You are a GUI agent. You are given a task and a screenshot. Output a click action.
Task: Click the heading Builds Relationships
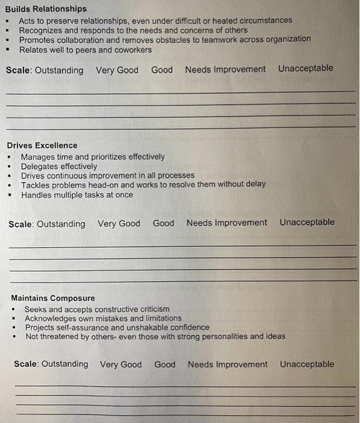click(46, 8)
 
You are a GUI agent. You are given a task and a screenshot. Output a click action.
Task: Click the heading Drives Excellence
click(42, 145)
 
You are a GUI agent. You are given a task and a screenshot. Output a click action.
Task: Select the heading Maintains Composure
click(53, 298)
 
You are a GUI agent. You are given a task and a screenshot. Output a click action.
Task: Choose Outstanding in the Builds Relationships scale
click(59, 70)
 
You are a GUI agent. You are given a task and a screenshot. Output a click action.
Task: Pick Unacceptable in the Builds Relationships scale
click(306, 68)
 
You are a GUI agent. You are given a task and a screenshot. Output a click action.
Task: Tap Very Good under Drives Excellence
click(119, 224)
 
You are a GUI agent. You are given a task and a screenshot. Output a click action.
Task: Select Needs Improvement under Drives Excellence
click(227, 222)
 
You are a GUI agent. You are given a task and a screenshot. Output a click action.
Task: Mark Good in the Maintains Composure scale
click(165, 364)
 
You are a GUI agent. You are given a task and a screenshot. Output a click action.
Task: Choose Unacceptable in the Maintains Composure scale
click(307, 364)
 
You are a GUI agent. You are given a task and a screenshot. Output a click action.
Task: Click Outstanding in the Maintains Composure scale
click(65, 364)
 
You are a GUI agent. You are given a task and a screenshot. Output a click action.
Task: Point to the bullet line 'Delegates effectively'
click(59, 166)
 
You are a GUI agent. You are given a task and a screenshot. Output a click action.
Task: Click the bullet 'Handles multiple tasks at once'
click(77, 195)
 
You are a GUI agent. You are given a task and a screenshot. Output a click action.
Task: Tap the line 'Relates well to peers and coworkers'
click(86, 50)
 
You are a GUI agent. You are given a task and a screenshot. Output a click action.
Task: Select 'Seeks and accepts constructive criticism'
click(97, 309)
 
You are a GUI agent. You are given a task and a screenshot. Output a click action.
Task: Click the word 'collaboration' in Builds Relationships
click(83, 39)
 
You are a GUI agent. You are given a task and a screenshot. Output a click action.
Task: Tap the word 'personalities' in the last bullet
click(215, 336)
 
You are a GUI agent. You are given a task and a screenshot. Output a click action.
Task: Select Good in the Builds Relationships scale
click(162, 69)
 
